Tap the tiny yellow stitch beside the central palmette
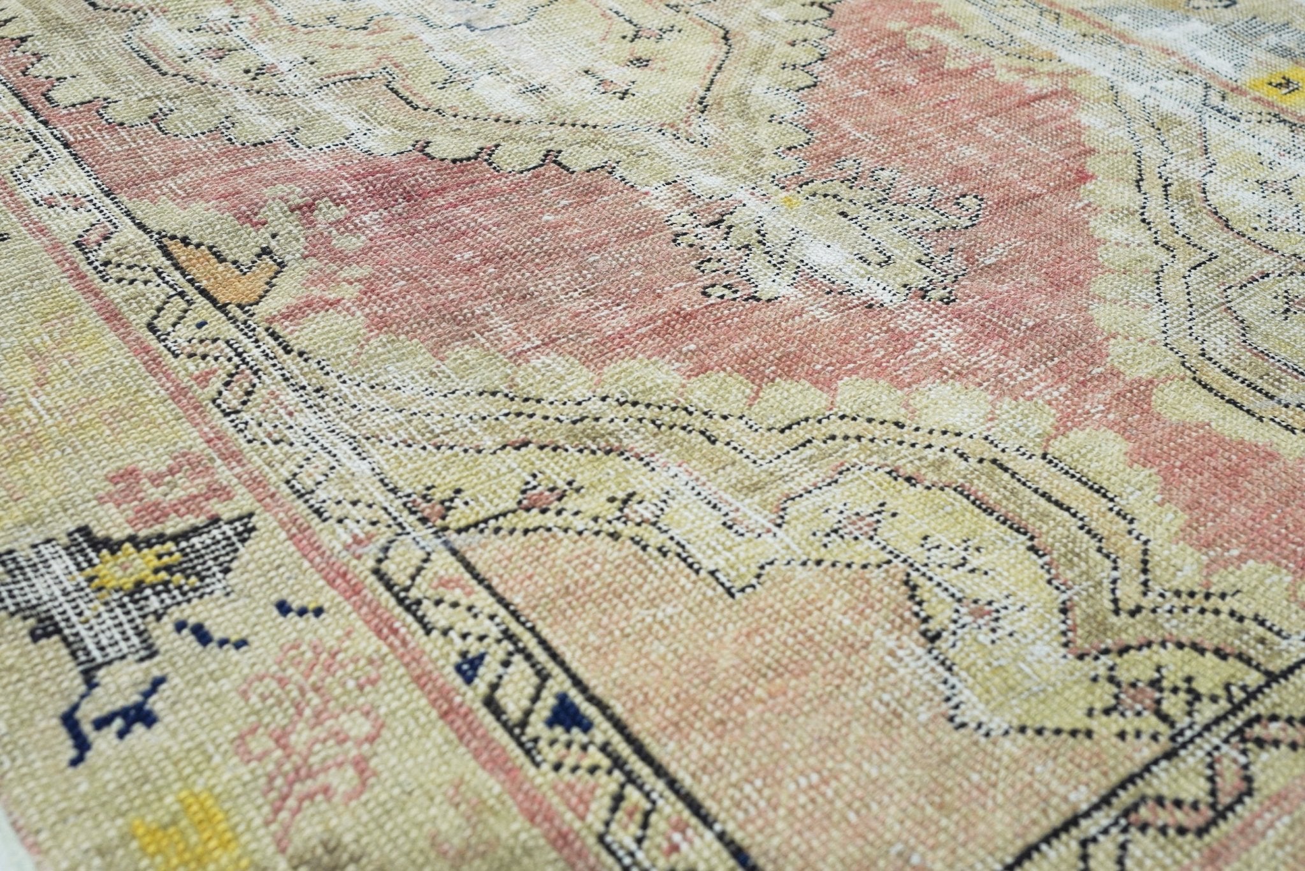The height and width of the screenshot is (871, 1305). (791, 202)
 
